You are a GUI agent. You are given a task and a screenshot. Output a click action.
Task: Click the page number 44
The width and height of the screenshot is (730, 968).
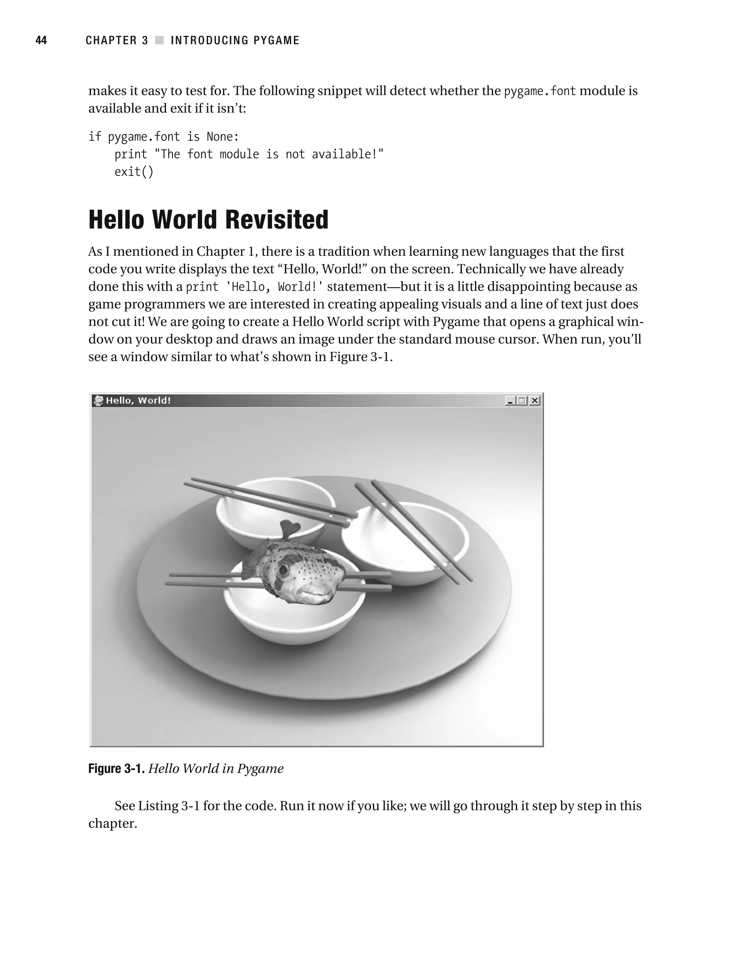[x=41, y=40]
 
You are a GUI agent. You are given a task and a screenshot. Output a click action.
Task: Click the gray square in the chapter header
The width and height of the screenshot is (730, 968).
[x=159, y=40]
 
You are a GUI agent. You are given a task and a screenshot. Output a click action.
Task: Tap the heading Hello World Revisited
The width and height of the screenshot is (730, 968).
[x=208, y=220]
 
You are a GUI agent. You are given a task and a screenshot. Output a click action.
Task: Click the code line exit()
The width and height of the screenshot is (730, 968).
[x=134, y=171]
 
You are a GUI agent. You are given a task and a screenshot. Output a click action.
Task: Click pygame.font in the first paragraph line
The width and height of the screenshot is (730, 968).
[x=540, y=91]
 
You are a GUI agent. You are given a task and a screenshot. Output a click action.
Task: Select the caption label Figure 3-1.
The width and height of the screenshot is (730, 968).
[x=116, y=768]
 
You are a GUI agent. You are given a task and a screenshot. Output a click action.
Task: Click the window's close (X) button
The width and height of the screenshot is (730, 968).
[x=535, y=400]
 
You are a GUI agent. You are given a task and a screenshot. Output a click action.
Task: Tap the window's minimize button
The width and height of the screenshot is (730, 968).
[x=510, y=400]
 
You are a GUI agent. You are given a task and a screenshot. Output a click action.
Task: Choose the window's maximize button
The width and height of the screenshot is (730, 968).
[x=522, y=400]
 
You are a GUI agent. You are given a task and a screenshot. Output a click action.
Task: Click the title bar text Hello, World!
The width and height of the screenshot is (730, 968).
[x=138, y=400]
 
